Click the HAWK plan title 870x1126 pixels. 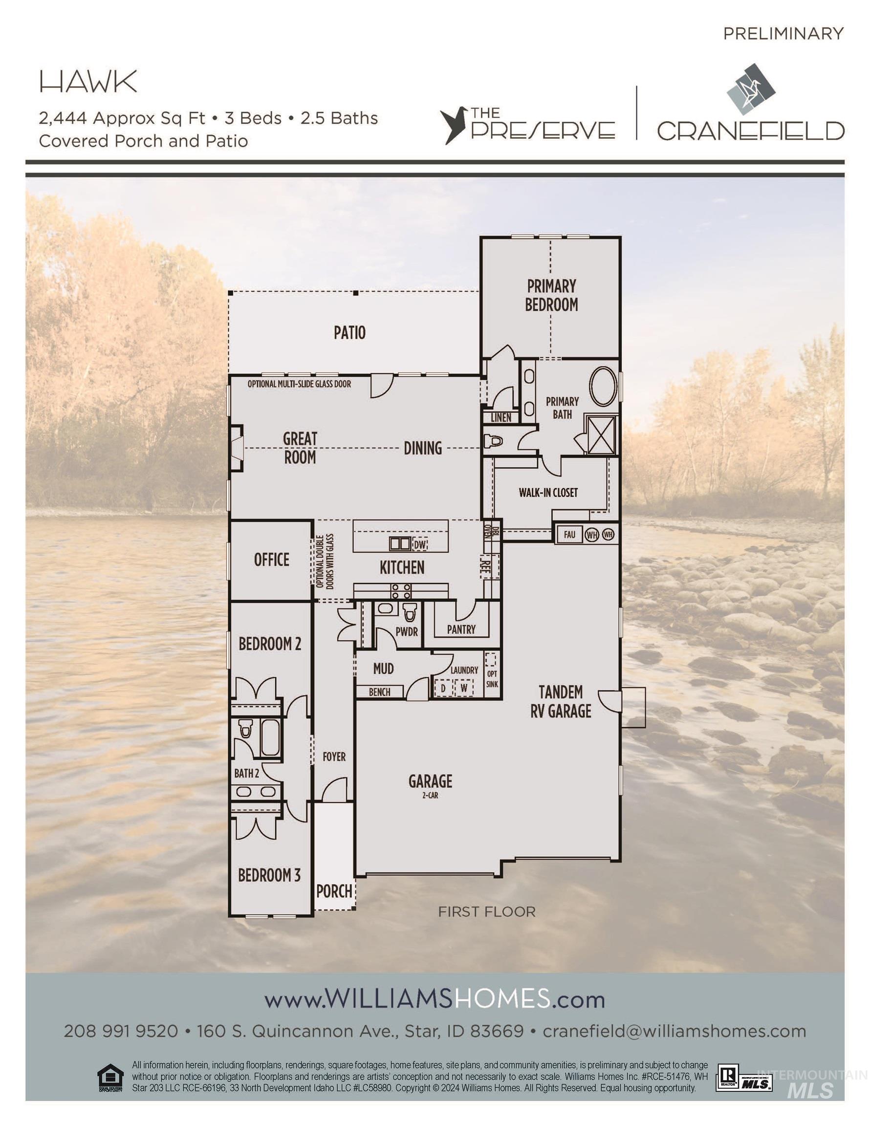coord(88,82)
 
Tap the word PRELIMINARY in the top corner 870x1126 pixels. coord(783,34)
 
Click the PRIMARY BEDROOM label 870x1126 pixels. coord(551,295)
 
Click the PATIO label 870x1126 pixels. coord(349,332)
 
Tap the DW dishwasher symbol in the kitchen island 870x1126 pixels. coord(420,544)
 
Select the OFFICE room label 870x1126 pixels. coord(271,560)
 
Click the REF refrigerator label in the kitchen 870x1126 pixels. coord(485,564)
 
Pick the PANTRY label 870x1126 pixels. coord(461,629)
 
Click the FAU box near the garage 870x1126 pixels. coord(569,535)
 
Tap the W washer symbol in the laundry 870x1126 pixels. coord(464,688)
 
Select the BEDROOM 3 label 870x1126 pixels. coord(269,875)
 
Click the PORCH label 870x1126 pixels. coord(334,891)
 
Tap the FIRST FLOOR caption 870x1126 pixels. coord(486,912)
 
